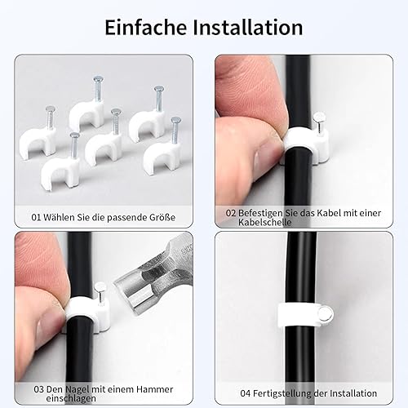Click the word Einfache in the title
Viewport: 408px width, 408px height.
146,27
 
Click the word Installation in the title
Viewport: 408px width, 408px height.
248,27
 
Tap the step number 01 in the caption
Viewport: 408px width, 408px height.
36,217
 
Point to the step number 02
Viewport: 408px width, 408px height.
231,213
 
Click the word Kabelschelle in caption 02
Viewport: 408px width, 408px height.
265,222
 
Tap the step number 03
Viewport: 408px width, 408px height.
38,389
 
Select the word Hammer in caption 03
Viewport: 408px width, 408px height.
154,389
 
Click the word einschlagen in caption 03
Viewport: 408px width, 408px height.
71,398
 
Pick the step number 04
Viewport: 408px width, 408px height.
246,393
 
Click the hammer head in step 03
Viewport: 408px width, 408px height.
153,280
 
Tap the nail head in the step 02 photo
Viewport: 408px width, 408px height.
318,118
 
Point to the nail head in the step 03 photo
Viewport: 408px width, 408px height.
100,288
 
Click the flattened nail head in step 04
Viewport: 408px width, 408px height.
326,314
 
